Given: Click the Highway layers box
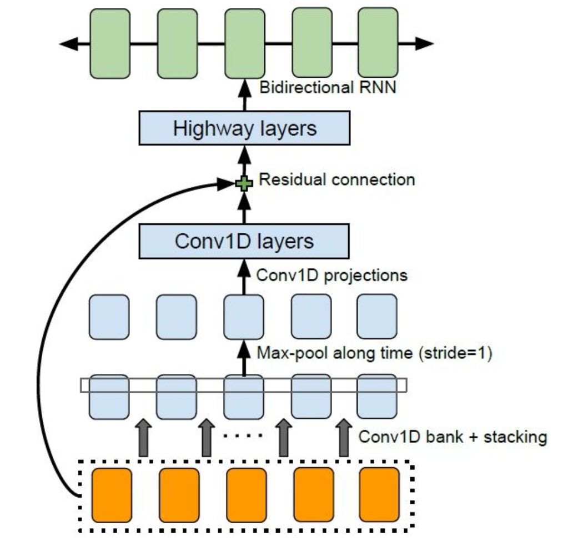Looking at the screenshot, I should [x=244, y=129].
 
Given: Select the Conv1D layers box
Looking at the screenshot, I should [x=244, y=242].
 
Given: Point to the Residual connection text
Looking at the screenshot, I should [x=337, y=180].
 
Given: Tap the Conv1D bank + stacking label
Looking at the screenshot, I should [x=452, y=437].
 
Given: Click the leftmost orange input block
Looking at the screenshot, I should [x=112, y=495].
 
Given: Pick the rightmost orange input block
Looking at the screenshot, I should [x=379, y=495].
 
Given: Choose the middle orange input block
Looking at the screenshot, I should [x=245, y=495].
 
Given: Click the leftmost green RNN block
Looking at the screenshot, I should [x=110, y=43].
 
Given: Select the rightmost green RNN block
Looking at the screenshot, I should [x=378, y=43].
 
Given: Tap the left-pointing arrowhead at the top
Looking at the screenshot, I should [x=68, y=44].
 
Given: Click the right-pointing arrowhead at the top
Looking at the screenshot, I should [x=424, y=43].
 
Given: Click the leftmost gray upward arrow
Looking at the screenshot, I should [x=143, y=439].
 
